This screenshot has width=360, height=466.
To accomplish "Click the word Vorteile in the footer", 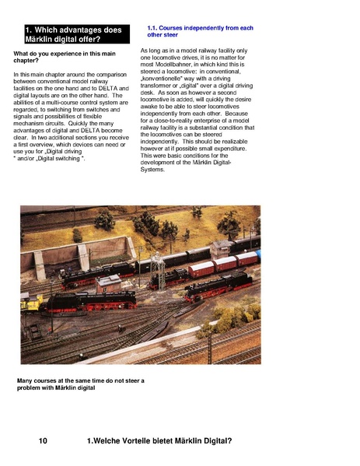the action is coord(140,441).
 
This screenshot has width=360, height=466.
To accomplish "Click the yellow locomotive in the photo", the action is coord(30,302).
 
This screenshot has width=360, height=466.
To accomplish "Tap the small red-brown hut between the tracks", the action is coord(110,283).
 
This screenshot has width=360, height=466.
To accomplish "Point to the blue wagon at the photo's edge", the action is coord(258,255).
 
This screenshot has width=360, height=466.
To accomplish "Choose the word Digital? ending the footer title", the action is coord(215,441).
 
